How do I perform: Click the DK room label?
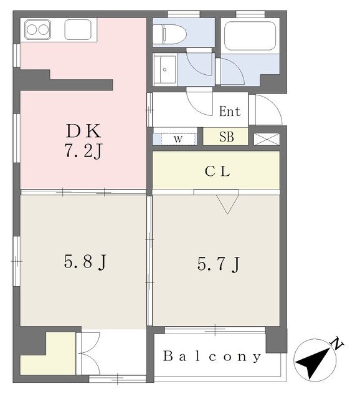pos(83,131)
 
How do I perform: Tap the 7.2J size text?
pos(83,150)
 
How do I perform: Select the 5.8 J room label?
pos(85,262)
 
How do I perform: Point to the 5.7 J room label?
pos(219,264)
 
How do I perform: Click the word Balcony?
pos(212,356)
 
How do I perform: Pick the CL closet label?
pos(217,171)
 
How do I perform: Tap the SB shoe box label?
pos(226,137)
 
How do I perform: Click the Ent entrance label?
pos(230,112)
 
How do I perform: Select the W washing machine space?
pos(178,139)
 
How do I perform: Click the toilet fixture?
pos(169,34)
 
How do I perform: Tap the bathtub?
pos(250,36)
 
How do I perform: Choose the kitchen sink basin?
pos(78,30)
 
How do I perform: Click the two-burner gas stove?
pos(37,30)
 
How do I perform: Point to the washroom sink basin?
pos(164,69)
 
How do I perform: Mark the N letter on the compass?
pos(338,344)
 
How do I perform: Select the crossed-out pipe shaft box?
pos(267,139)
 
